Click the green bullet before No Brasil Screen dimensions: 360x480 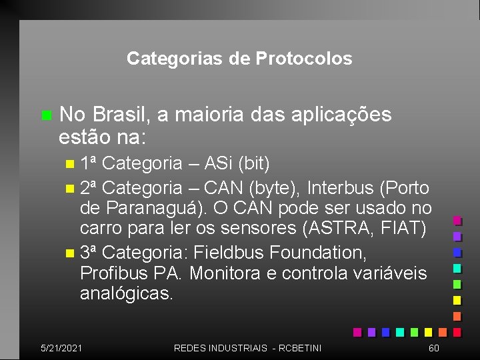tap(45, 115)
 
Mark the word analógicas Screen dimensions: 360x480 tap(127, 294)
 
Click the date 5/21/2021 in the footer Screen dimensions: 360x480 tap(61, 348)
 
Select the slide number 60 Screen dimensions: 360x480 tap(433, 348)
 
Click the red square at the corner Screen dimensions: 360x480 tap(457, 331)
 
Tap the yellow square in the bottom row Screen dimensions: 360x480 tap(428, 331)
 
